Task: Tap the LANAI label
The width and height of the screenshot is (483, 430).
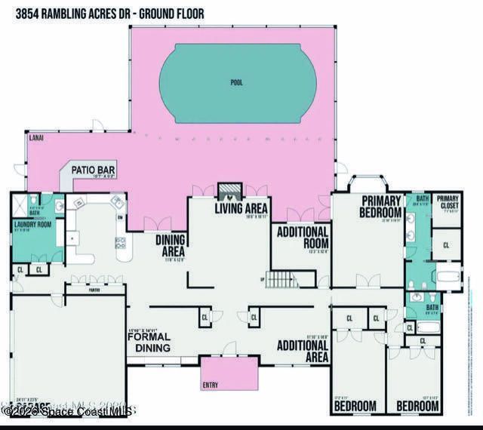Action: [x=35, y=139]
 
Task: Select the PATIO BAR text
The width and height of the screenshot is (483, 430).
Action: [x=94, y=170]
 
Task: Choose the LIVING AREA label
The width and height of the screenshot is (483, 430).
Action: [x=241, y=208]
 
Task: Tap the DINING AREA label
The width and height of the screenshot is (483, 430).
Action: [x=171, y=244]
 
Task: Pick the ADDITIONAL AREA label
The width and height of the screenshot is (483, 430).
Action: [x=302, y=351]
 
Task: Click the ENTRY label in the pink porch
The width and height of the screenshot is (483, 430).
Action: [x=211, y=385]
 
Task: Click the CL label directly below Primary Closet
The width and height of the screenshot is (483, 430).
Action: [x=446, y=245]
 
